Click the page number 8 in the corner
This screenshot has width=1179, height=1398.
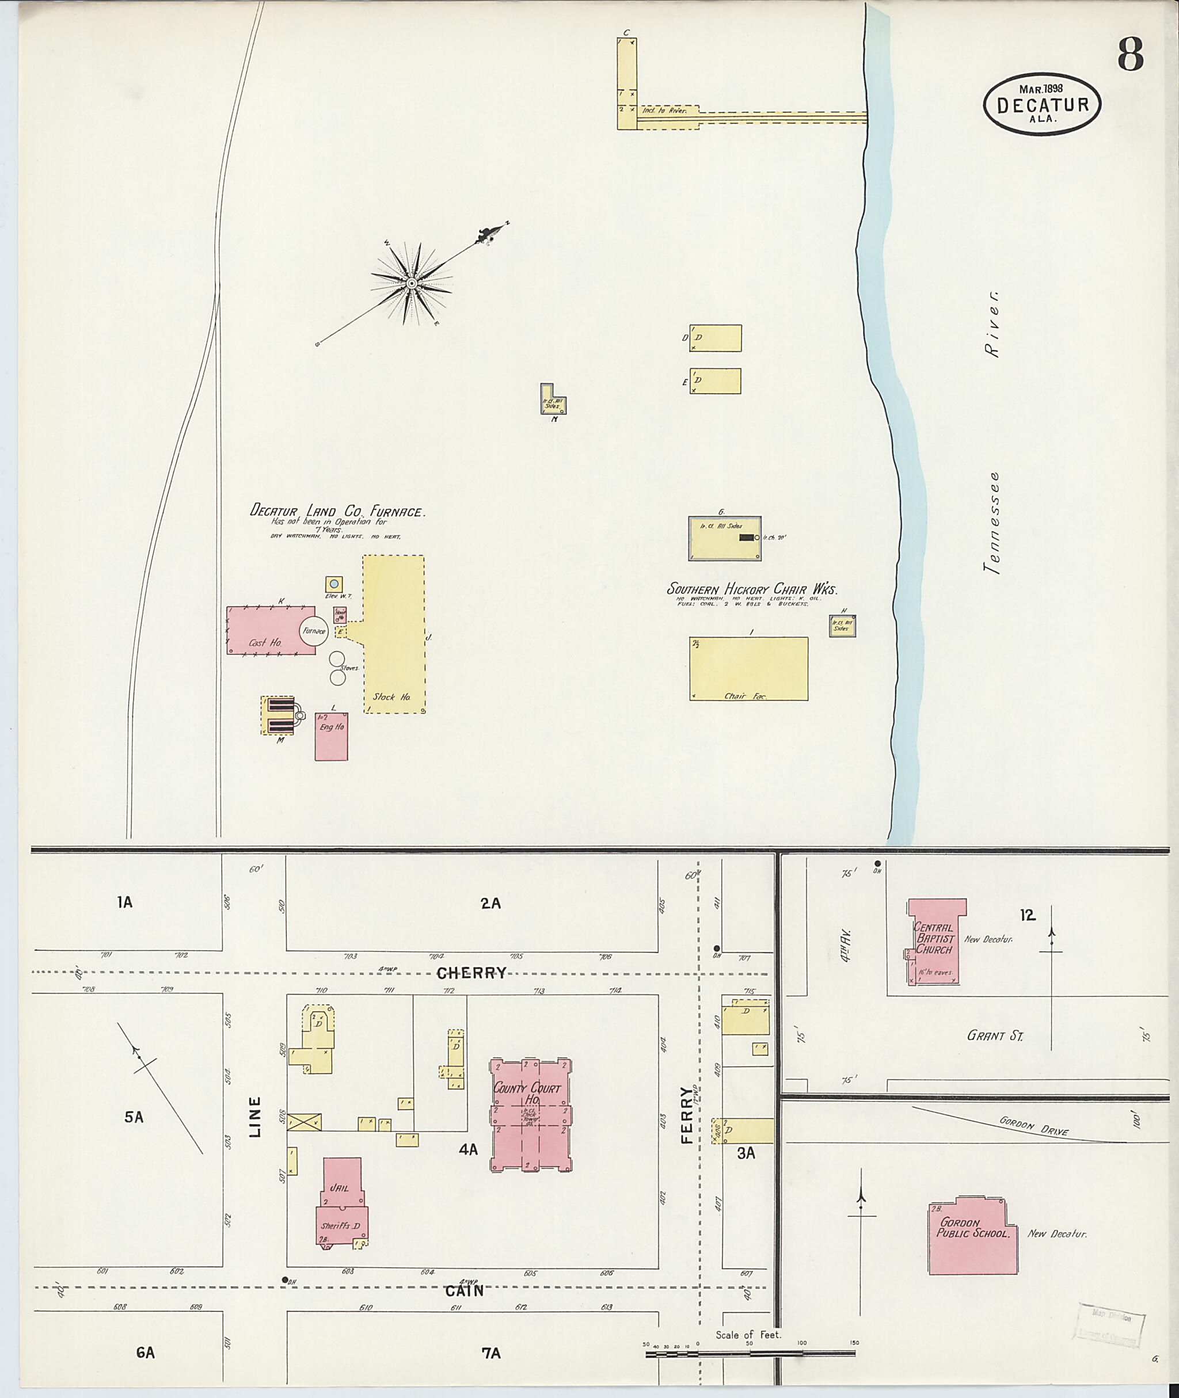(1130, 54)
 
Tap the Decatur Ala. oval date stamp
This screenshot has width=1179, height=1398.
(1042, 104)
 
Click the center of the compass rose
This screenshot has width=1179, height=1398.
(412, 284)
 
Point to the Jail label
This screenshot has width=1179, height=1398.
(340, 1188)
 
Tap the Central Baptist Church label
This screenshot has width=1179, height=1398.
(934, 938)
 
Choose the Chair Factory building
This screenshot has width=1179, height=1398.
(748, 668)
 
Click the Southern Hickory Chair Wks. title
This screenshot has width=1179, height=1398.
(752, 589)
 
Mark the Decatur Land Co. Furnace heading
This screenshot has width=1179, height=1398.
(337, 511)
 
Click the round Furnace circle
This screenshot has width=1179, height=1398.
(314, 631)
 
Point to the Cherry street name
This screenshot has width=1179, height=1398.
(471, 973)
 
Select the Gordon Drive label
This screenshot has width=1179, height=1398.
(1033, 1125)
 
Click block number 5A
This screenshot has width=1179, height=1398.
(134, 1117)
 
